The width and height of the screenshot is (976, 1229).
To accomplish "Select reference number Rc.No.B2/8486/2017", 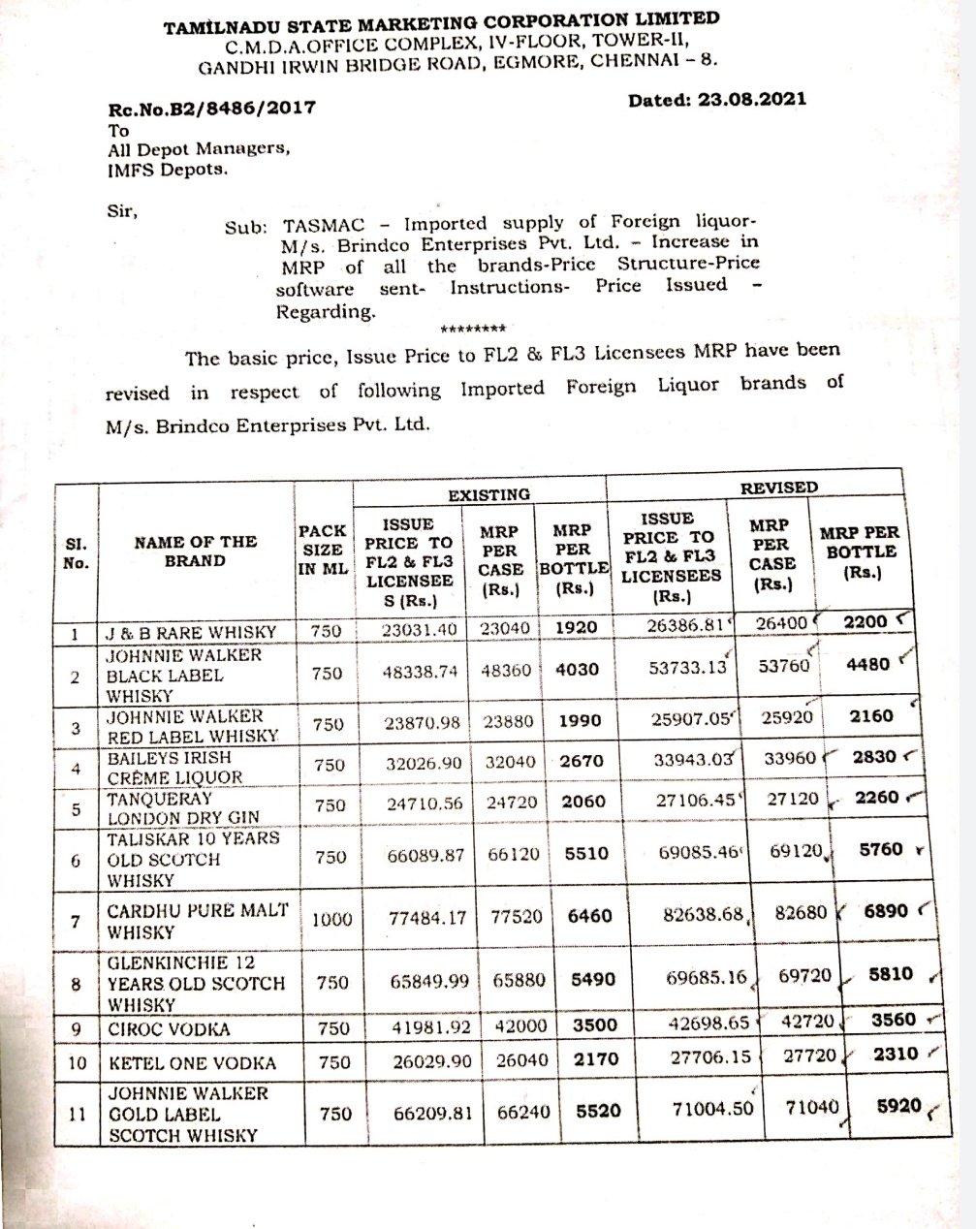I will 211,110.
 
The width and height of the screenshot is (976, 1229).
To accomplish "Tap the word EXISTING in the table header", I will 488,495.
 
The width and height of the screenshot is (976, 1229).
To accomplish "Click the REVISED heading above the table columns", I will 778,488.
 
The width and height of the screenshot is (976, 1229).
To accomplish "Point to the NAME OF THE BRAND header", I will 195,551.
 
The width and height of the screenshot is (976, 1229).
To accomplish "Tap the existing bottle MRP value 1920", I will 577,627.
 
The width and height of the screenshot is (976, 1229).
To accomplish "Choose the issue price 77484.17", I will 426,916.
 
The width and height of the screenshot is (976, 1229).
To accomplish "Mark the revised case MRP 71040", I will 811,1106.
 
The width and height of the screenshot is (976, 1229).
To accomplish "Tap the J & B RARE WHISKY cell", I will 191,633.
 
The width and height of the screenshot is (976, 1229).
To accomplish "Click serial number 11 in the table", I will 75,1114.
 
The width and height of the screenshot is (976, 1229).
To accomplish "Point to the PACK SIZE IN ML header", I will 322,551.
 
